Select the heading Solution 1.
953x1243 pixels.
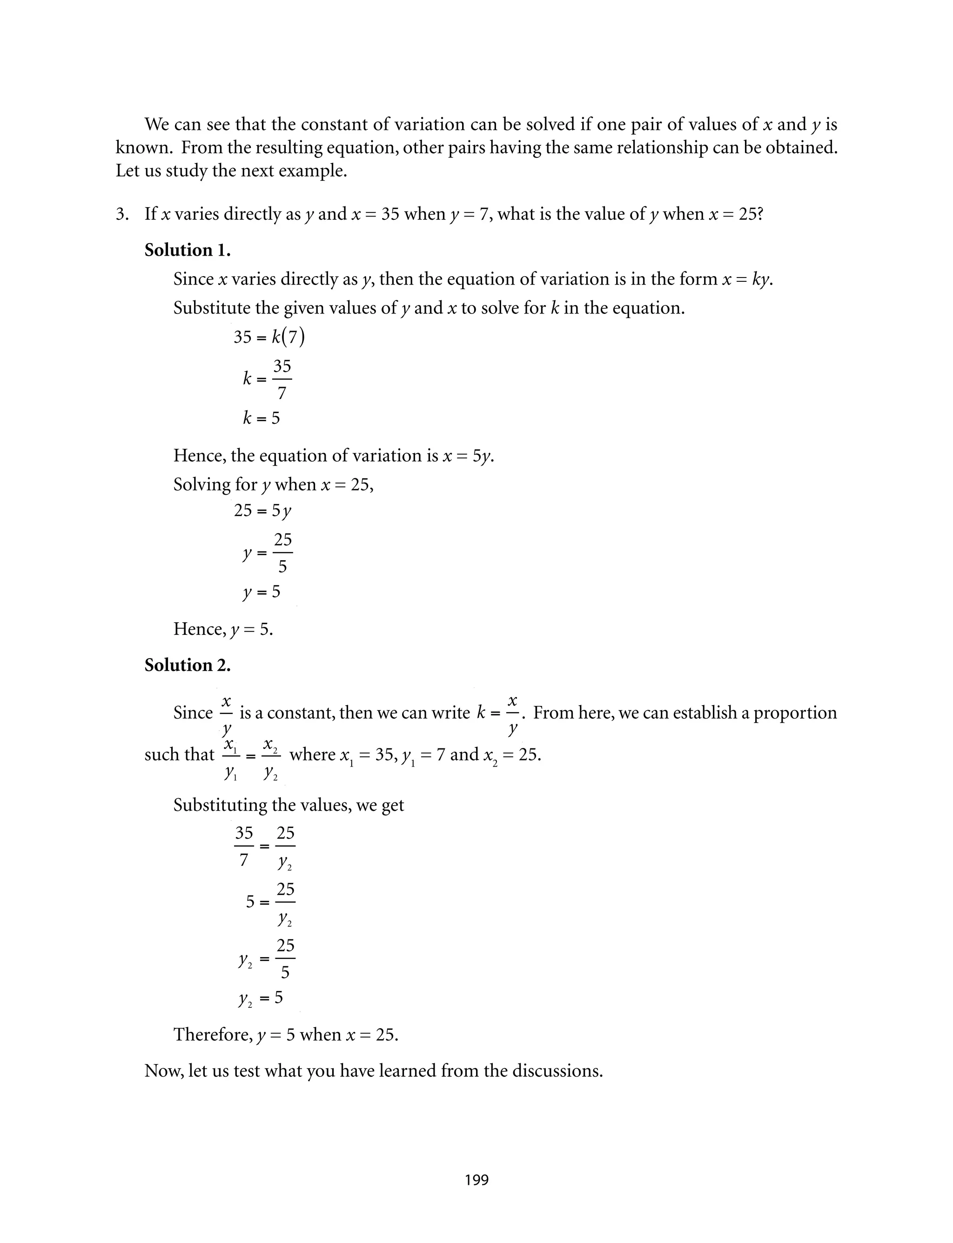187,250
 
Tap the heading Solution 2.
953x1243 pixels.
187,665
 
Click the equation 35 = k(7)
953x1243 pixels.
269,337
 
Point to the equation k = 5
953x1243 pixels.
262,418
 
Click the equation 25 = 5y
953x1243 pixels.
262,511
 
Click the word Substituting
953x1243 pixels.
221,805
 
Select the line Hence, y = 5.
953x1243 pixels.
223,629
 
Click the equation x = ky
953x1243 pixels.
747,279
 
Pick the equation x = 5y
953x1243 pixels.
467,456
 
